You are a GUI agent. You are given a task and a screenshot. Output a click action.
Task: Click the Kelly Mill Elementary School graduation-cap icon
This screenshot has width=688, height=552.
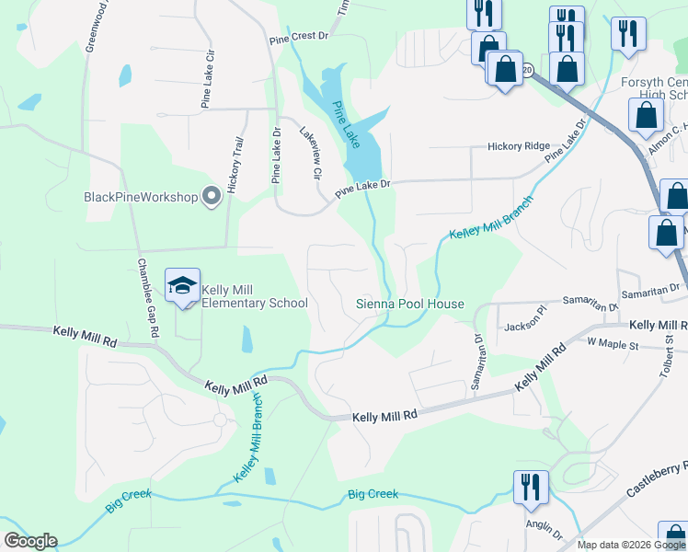[182, 286]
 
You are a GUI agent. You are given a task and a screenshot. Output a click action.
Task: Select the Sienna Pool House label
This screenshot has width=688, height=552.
[409, 304]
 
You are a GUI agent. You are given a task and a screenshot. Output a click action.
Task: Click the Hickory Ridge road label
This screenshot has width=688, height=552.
[518, 146]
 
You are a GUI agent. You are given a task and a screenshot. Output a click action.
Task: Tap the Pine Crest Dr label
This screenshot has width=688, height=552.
[299, 40]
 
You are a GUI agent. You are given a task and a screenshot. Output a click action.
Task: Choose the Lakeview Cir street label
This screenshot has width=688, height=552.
[310, 153]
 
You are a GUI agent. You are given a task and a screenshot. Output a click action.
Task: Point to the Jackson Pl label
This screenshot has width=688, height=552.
[527, 327]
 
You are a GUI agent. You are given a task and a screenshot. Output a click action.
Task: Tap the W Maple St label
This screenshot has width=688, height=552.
[613, 342]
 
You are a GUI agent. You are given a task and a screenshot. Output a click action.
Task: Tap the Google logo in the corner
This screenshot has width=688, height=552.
[30, 541]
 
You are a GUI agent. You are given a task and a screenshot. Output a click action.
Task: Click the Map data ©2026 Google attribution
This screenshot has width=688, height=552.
[631, 545]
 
